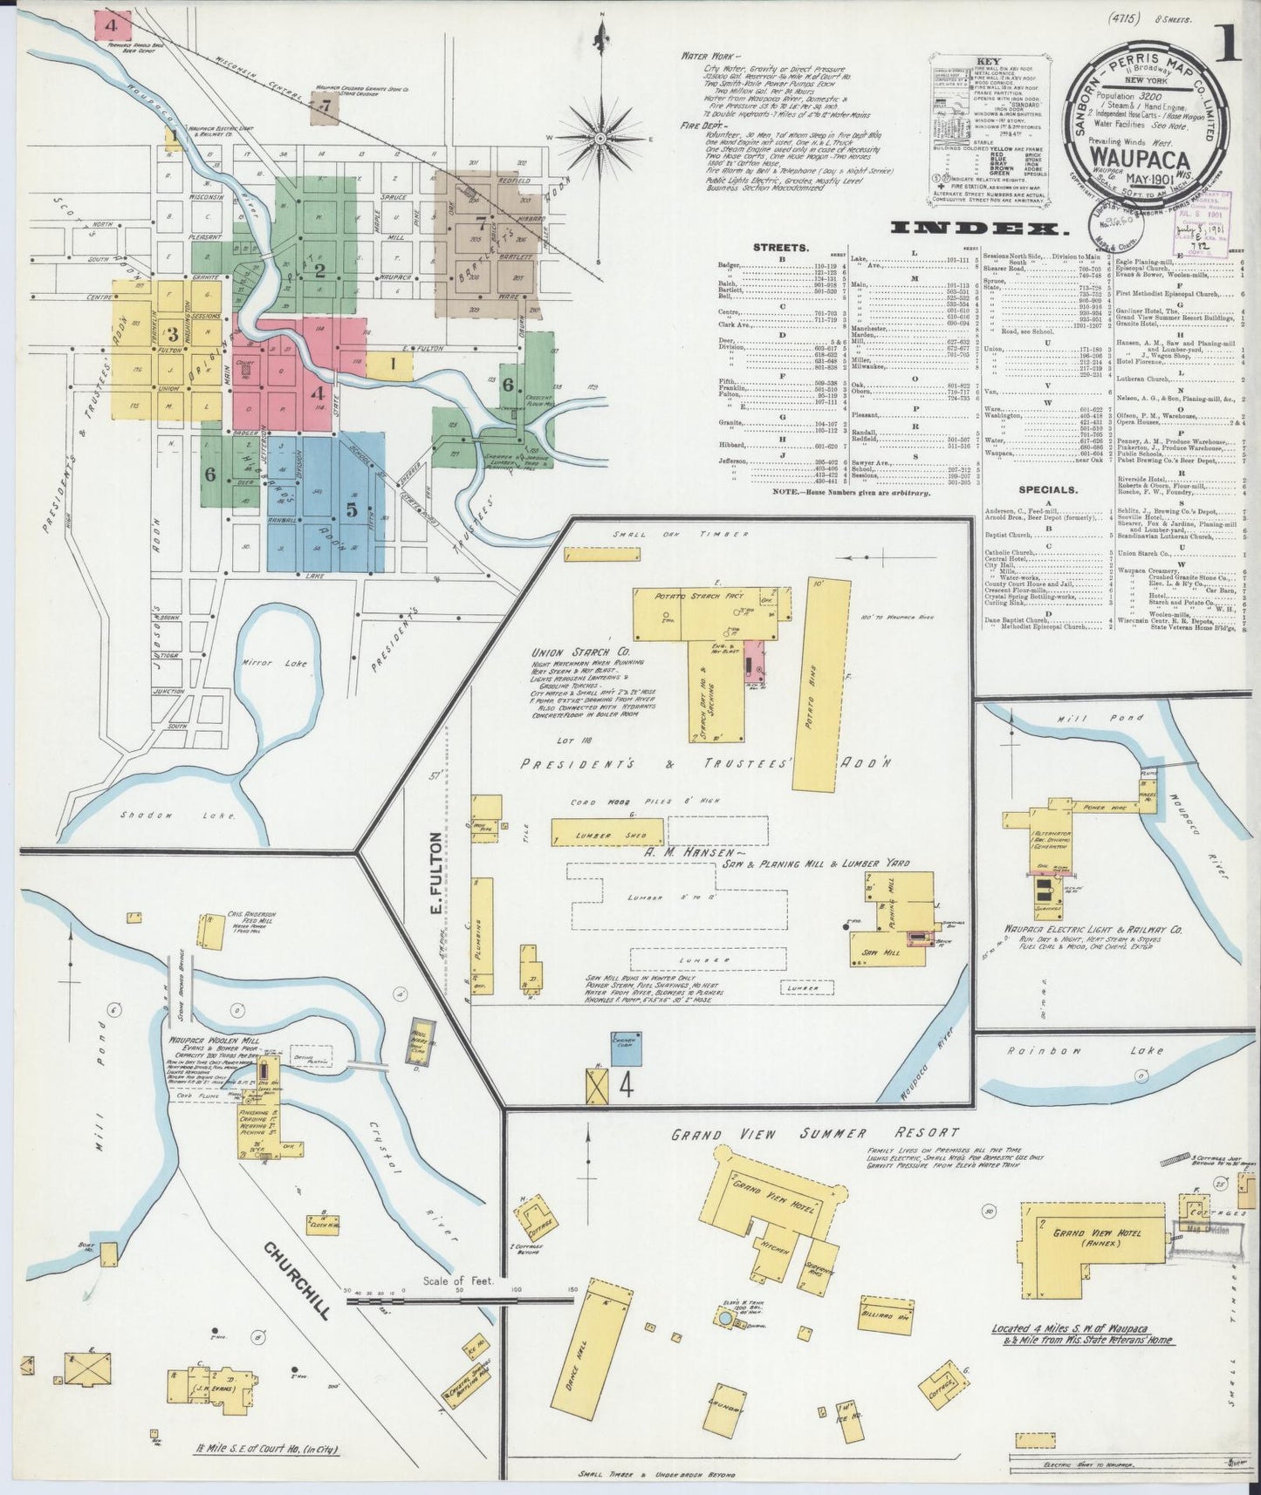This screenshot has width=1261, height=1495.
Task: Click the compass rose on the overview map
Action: coord(601,137)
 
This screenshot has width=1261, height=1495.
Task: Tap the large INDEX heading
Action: coord(979,229)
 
